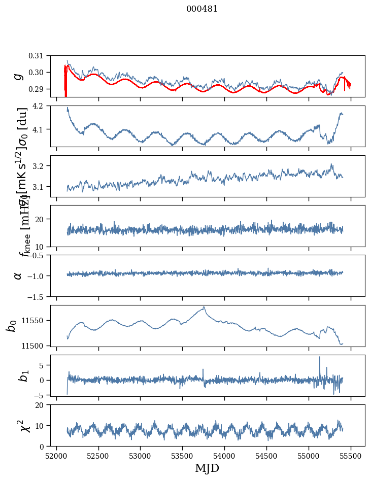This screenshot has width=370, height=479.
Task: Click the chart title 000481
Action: [x=202, y=9]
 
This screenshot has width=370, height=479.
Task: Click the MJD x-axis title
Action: [x=207, y=468]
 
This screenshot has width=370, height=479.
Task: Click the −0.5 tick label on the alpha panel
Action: [x=40, y=255]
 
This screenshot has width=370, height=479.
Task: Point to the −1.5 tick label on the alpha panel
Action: [x=40, y=296]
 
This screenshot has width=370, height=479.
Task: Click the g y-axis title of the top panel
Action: [x=18, y=76]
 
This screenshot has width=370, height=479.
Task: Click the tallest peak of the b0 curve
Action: [x=204, y=306]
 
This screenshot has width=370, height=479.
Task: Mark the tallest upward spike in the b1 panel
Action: [x=320, y=357]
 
